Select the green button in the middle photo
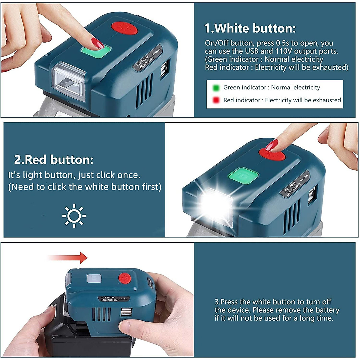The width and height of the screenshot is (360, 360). coord(243,175)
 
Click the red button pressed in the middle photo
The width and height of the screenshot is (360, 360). coord(272,156)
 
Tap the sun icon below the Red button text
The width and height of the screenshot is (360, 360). coord(74,216)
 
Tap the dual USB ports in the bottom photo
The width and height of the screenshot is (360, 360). coord(124,312)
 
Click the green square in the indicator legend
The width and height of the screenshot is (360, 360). coord(216,88)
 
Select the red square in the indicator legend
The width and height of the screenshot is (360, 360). coord(216,100)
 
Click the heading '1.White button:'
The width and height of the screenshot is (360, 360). coord(250,28)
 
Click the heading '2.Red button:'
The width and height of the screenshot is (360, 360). coord(54,160)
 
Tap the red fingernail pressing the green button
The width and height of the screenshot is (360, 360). coord(97,43)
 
